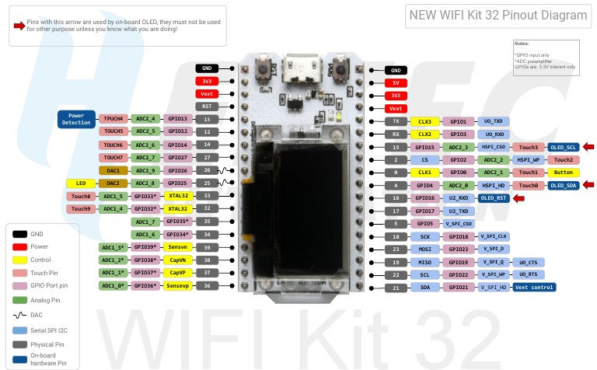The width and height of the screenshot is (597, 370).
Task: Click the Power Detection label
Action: pos(75,119)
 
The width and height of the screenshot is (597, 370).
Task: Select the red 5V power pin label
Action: pos(395,82)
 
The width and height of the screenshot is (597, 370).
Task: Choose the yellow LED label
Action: pos(80,183)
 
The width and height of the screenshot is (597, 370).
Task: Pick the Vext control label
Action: pos(533,287)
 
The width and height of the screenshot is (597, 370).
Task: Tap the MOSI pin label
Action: pos(424,249)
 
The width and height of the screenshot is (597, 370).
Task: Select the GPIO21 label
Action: pos(458,287)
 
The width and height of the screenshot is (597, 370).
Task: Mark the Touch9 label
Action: pos(80,208)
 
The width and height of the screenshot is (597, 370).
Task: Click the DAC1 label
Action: pos(113,170)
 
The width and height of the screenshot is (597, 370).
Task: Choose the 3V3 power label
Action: pos(207,81)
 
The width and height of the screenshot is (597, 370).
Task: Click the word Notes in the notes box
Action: pos(522,44)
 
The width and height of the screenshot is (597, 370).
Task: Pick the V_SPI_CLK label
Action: pos(493,236)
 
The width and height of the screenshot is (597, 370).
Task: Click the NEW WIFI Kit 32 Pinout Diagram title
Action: pos(498,15)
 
